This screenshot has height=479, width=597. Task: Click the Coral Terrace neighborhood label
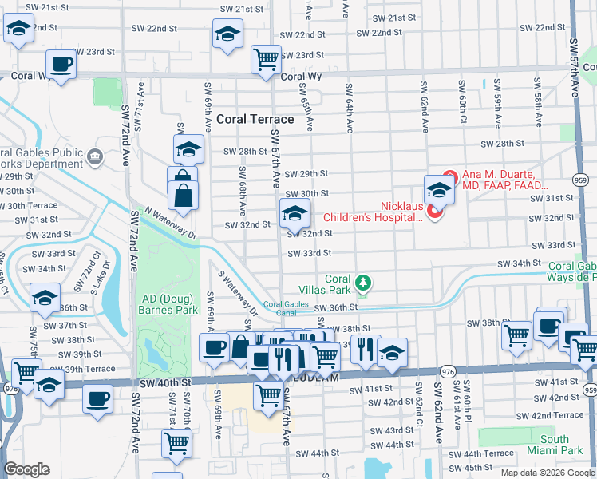[x=255, y=119]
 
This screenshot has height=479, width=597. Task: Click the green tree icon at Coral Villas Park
[x=363, y=282]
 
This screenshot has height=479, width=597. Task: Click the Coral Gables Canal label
[x=285, y=308]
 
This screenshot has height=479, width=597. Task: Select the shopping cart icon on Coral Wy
[x=266, y=57]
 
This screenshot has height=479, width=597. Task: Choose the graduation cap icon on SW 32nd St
[x=294, y=212]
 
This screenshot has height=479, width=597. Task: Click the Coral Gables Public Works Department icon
[x=97, y=154]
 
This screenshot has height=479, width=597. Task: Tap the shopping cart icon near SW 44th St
[x=176, y=442]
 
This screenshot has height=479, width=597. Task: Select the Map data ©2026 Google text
[x=547, y=472]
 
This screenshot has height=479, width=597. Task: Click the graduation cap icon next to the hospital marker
[x=438, y=189]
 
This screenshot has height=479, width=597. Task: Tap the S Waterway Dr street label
[x=238, y=290]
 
